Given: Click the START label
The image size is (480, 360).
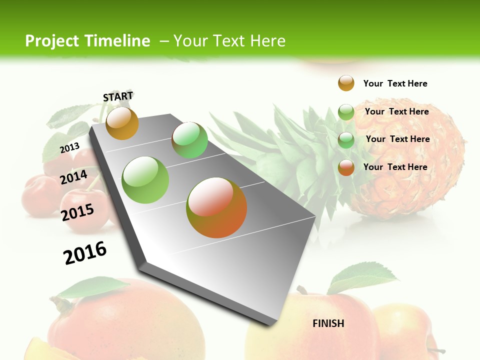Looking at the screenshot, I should click(118, 96).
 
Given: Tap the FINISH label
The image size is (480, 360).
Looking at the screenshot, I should click(328, 323).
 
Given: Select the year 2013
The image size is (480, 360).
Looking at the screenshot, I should click(69, 148).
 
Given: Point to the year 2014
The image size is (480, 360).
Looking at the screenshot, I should click(74, 177).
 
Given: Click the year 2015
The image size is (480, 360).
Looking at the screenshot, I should click(77, 212).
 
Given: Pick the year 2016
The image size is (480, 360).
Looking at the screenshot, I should click(85, 252).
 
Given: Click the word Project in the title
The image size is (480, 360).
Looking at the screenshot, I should click(51, 41).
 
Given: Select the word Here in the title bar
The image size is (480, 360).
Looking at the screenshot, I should click(267, 41).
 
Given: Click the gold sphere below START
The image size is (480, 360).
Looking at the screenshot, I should click(122, 123).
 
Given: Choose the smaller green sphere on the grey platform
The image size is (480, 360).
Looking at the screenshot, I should click(189, 140).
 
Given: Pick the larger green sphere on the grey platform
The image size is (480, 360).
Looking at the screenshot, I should click(145, 179).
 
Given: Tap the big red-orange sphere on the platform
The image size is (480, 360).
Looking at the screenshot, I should click(216, 207).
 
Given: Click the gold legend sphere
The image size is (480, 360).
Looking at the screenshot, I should click(346, 83).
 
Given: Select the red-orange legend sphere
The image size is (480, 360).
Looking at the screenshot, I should click(346, 167).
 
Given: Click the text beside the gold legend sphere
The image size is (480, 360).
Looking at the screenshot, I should click(395, 83).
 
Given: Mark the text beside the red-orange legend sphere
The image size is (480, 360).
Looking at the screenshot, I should click(395, 167).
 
